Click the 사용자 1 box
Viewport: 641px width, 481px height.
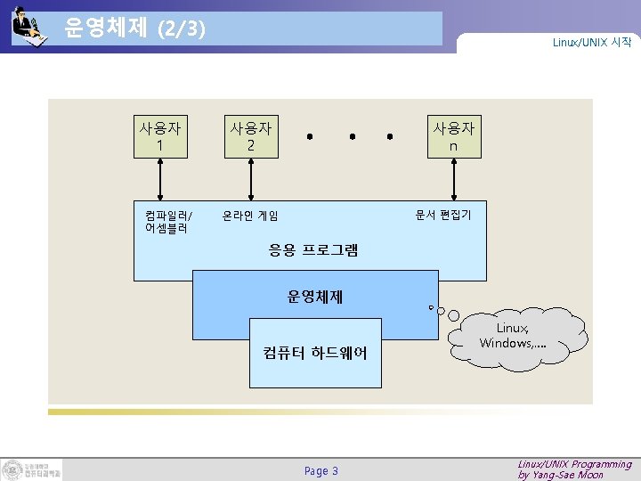(159, 136)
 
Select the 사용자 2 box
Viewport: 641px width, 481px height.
(251, 136)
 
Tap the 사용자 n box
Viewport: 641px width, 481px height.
(453, 136)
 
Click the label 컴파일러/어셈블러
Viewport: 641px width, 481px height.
(168, 221)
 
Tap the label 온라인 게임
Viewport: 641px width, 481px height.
(250, 216)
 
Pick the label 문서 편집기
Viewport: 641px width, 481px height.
(442, 215)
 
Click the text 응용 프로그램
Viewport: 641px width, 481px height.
(313, 250)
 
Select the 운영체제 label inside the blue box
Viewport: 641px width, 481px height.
(314, 297)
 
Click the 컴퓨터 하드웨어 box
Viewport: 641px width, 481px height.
(315, 354)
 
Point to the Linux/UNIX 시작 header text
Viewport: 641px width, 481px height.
(591, 43)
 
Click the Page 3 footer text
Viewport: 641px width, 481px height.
(320, 470)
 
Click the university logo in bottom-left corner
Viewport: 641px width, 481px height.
(32, 469)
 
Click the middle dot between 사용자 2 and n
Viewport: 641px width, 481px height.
(352, 137)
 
